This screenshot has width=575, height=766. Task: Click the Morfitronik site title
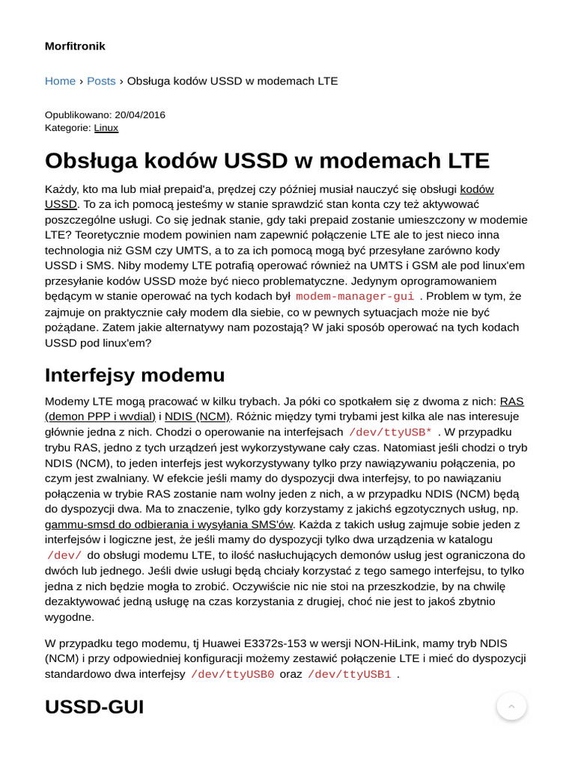(x=75, y=46)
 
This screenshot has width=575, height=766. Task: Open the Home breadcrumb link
(x=60, y=81)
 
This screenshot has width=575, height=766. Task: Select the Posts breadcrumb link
(x=101, y=81)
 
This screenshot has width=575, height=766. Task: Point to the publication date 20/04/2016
(x=140, y=114)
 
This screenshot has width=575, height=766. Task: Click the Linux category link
(x=106, y=128)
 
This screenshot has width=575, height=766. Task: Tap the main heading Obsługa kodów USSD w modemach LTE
(x=267, y=161)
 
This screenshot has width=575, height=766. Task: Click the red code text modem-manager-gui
(x=355, y=297)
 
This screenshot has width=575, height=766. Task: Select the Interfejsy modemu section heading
(x=135, y=375)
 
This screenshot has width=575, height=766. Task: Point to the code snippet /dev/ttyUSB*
(x=390, y=432)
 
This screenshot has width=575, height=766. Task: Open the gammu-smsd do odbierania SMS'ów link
(x=168, y=524)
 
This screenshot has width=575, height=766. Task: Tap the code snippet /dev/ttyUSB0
(x=232, y=675)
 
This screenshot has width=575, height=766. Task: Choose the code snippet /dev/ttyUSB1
(x=349, y=675)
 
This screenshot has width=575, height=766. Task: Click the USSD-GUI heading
(x=94, y=707)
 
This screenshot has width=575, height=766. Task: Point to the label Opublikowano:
(x=78, y=114)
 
